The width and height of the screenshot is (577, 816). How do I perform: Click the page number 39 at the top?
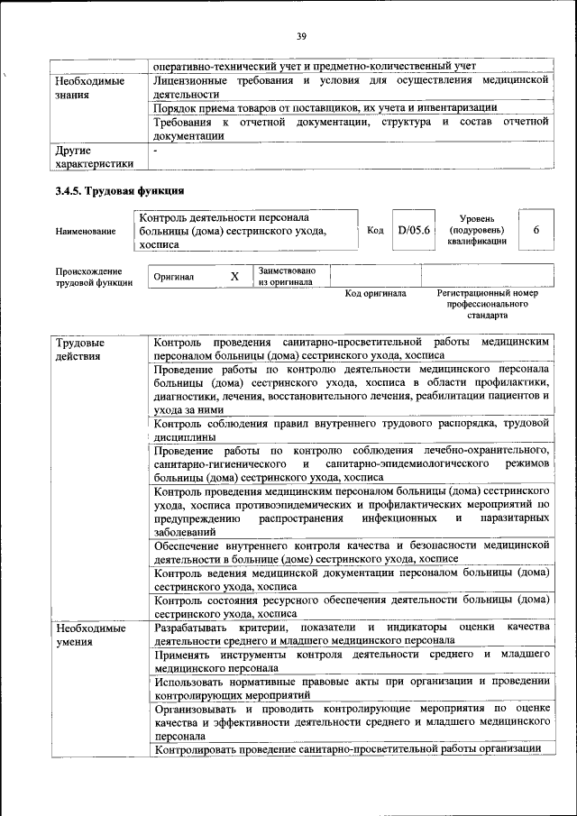pos(301,36)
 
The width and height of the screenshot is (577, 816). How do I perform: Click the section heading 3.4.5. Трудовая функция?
pos(120,190)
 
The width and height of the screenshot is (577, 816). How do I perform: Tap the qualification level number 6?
pos(536,231)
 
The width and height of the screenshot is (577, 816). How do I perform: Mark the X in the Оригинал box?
pos(234,277)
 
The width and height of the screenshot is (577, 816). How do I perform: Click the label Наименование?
pos(86,232)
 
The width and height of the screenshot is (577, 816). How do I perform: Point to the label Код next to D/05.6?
pos(375,231)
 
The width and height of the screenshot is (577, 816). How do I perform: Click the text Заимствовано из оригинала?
pos(286,276)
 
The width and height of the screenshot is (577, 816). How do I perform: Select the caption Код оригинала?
pos(376,294)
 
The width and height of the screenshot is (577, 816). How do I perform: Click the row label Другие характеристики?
pos(94,157)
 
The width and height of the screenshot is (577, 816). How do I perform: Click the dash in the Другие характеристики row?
pos(156,151)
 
